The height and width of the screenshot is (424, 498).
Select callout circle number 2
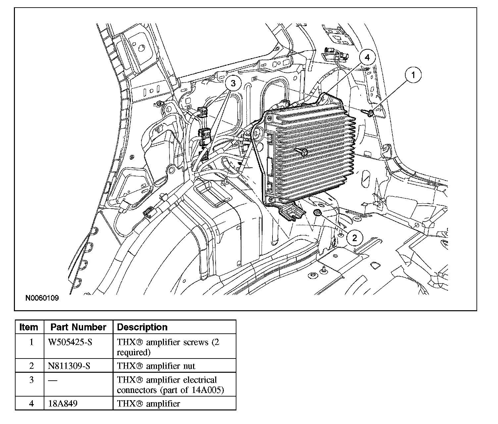[355, 238]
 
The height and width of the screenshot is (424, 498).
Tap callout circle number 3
[233, 84]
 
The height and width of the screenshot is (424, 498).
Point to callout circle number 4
[367, 58]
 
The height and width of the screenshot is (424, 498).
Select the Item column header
[29, 327]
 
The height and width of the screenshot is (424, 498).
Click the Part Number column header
[78, 327]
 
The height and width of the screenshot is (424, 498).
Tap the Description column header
[142, 327]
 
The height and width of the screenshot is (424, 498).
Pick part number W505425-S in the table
[70, 342]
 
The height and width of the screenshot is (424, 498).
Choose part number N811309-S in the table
[69, 366]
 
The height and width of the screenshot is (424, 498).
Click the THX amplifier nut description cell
[156, 366]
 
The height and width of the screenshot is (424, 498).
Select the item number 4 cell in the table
[31, 404]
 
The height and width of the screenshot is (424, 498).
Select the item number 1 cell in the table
[31, 342]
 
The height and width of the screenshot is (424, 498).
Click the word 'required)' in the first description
[133, 352]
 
